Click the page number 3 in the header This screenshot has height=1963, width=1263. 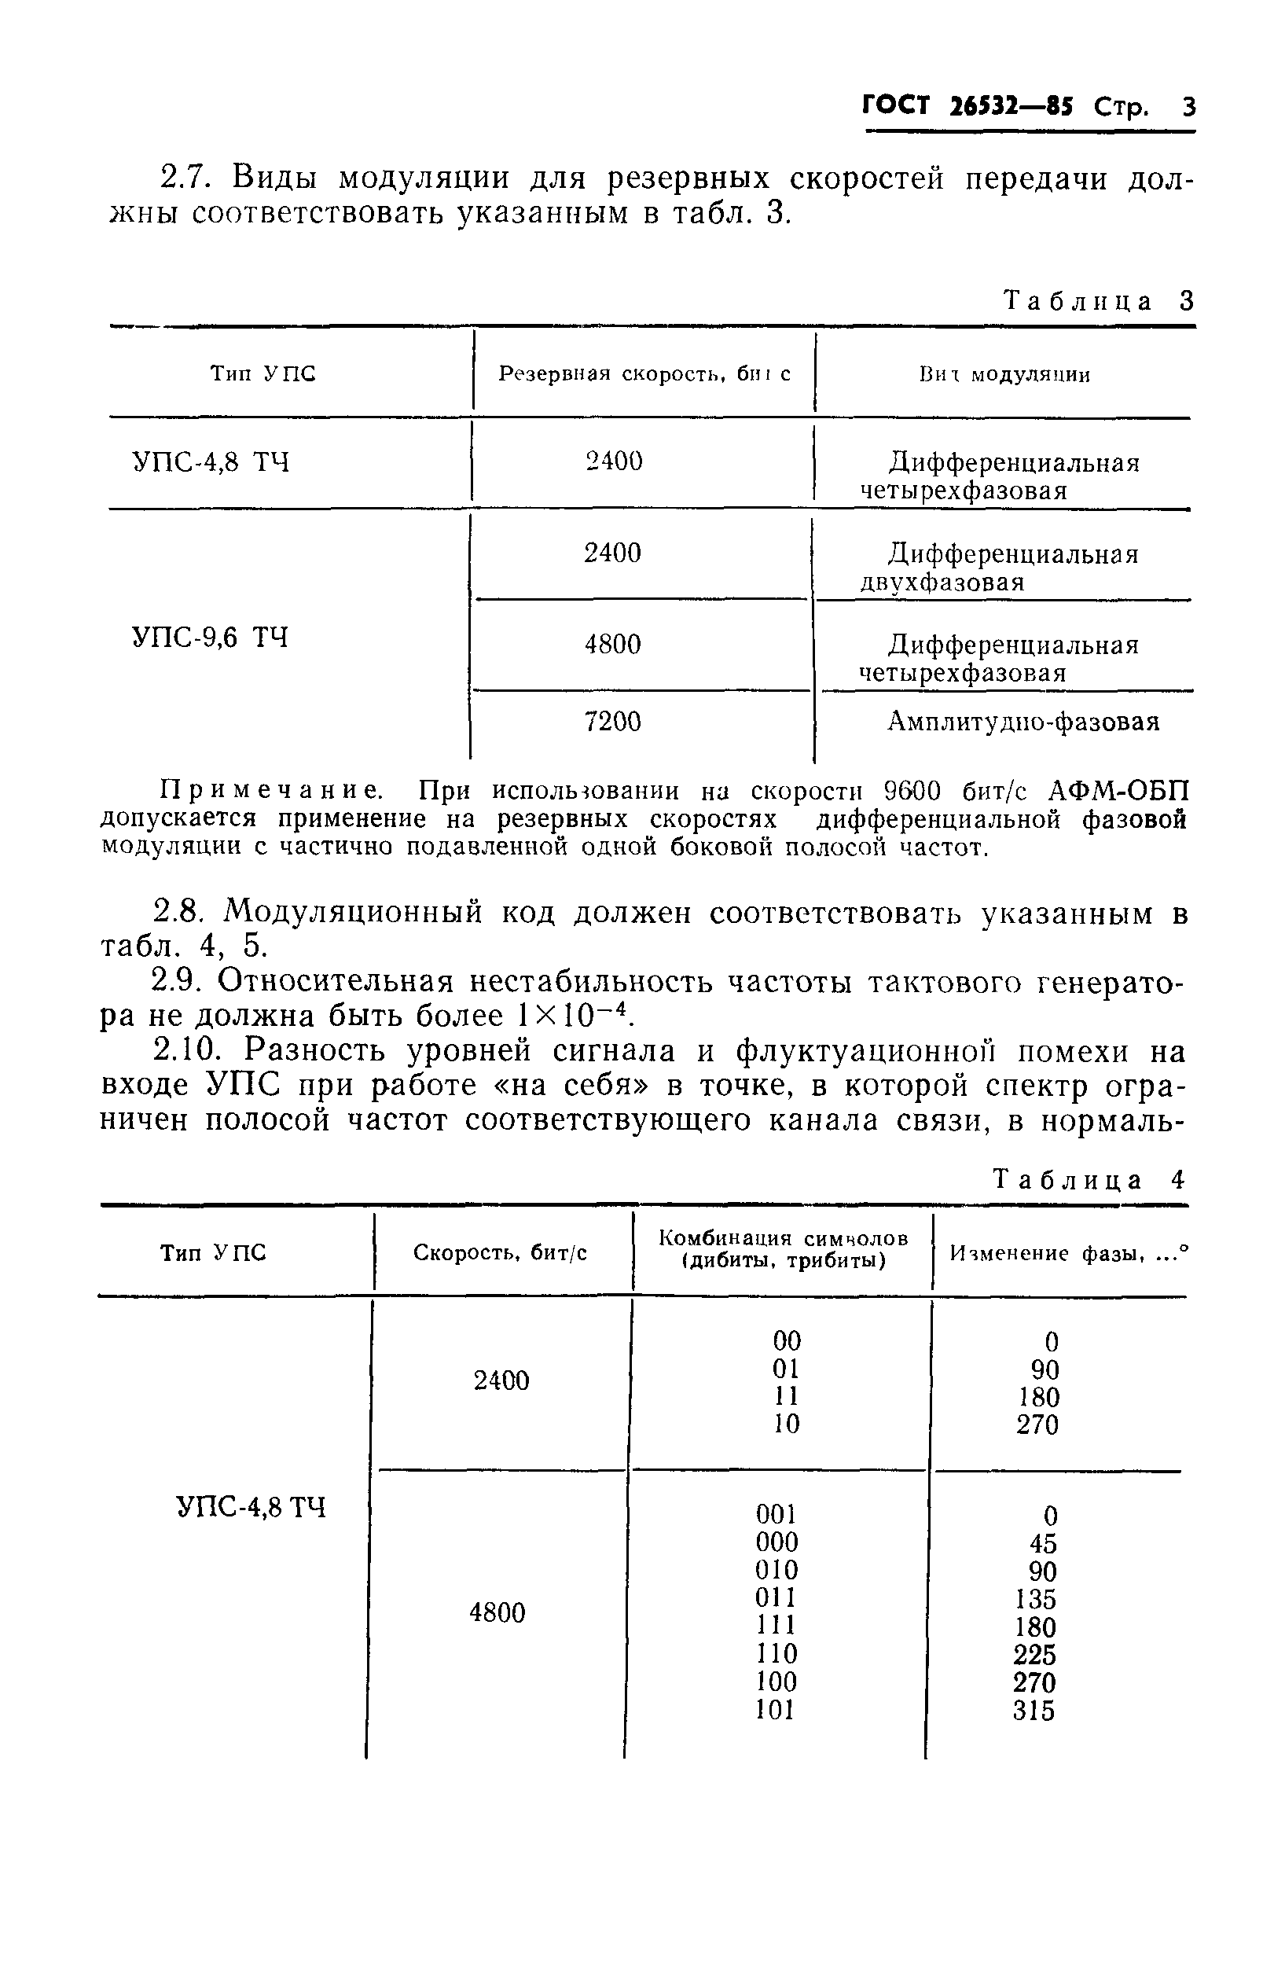tap(1188, 108)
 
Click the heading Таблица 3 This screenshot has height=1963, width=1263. tap(1099, 302)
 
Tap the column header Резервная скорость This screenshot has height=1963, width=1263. tap(644, 374)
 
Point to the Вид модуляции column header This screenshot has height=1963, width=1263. tap(1004, 376)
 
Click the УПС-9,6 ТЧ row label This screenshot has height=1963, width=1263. tap(211, 638)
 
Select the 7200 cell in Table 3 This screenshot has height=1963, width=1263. tap(612, 722)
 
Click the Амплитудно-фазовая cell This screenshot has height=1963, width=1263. tap(1023, 722)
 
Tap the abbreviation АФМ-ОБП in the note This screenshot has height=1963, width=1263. tap(1118, 791)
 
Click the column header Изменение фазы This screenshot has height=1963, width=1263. tap(1069, 1253)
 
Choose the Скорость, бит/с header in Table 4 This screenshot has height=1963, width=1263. tap(501, 1252)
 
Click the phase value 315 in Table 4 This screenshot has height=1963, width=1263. tap(1034, 1711)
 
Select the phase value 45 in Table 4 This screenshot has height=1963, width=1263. tap(1043, 1544)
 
